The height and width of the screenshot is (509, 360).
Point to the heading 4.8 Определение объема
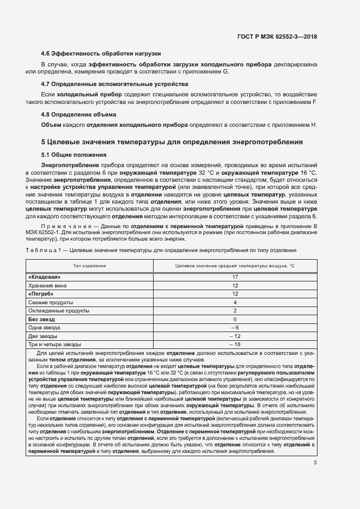coord(78,114)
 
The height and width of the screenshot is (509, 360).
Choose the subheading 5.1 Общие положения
coord(74,154)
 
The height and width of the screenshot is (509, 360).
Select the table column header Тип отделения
coord(90,266)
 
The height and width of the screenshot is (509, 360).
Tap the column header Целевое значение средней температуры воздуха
coord(235,266)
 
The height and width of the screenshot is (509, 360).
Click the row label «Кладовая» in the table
coord(44,277)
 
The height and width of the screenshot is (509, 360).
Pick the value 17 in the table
coord(235,277)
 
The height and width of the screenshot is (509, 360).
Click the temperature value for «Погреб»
coord(235,294)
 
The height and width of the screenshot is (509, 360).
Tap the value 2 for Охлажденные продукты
coord(235,311)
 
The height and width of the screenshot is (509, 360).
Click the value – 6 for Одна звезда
coord(235,328)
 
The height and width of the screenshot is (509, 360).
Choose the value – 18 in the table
coord(235,345)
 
